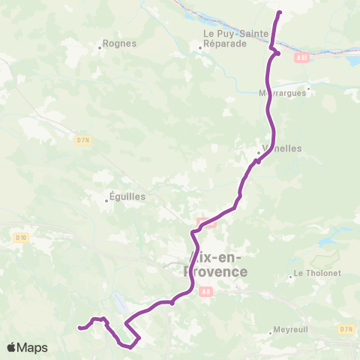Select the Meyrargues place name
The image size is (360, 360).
click(x=283, y=94)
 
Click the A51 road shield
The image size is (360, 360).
click(x=301, y=56)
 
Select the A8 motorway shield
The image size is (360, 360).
click(x=205, y=294)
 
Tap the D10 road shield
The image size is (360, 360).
click(x=20, y=238)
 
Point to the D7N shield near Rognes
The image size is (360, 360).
click(x=82, y=139)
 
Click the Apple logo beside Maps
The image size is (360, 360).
click(x=12, y=347)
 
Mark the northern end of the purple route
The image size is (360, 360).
click(x=279, y=13)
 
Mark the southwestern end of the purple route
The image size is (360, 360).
click(x=79, y=327)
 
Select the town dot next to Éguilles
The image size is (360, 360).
click(x=108, y=200)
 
